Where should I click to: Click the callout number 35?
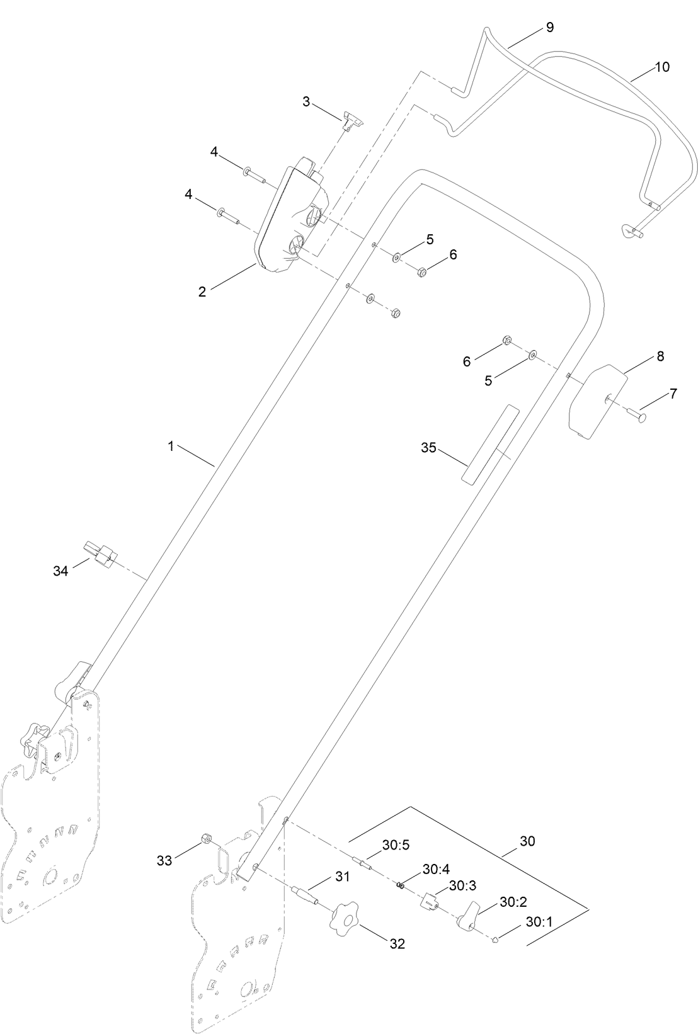click(428, 448)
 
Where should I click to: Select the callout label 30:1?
click(538, 921)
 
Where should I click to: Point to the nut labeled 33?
click(205, 839)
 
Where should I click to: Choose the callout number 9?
click(550, 27)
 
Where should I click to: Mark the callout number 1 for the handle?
click(171, 446)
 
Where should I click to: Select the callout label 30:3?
click(462, 885)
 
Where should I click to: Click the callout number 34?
click(60, 571)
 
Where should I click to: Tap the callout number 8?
click(660, 356)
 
